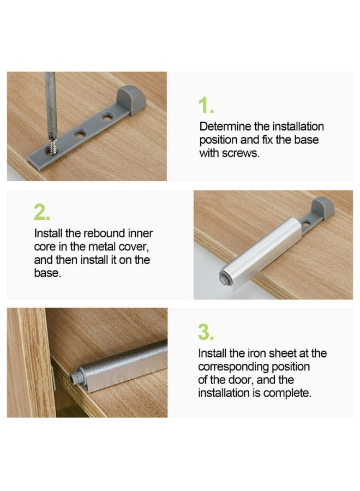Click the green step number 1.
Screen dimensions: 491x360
pos(205,106)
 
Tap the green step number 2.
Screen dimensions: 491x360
pos(42,212)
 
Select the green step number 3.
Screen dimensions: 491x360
pos(206,332)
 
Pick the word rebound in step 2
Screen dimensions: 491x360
pos(87,233)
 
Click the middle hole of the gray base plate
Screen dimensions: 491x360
pos(80,133)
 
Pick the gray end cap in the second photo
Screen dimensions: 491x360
pos(322,208)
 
